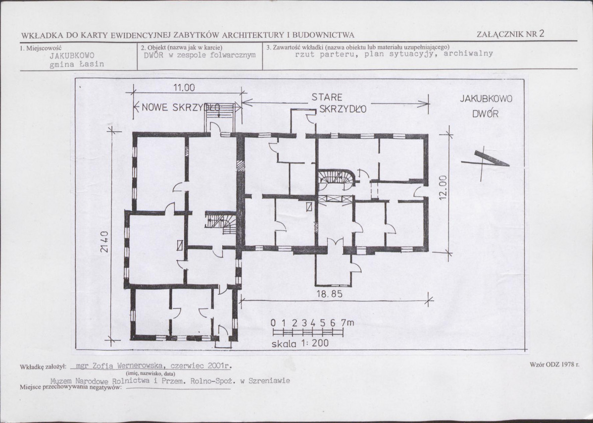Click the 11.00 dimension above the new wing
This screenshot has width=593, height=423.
click(x=184, y=88)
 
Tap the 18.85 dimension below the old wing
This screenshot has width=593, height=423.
click(x=329, y=294)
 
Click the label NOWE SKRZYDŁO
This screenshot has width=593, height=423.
click(x=180, y=107)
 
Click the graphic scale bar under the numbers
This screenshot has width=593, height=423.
click(x=307, y=332)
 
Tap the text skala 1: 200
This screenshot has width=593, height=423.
click(x=300, y=344)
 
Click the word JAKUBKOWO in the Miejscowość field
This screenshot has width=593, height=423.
click(x=72, y=55)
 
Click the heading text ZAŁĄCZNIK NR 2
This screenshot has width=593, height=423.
click(x=510, y=34)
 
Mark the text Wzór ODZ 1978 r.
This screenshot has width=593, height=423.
click(x=554, y=365)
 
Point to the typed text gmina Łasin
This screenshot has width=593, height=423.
click(x=77, y=64)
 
